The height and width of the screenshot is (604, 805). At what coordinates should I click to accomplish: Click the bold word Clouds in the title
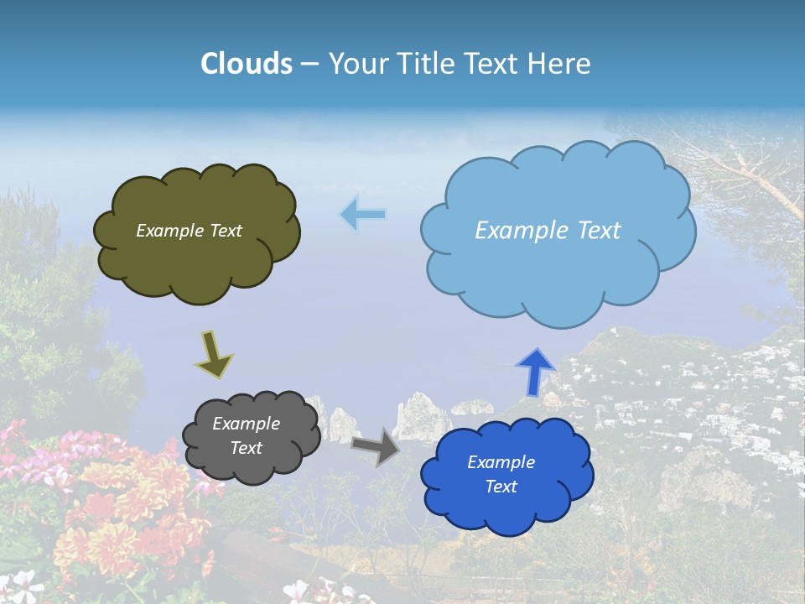tap(247, 64)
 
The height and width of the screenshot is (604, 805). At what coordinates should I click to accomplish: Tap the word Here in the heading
tap(561, 64)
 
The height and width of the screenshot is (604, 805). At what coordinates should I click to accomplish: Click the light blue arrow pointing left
tap(363, 215)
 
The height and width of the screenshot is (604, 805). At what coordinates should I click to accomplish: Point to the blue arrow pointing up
tap(534, 371)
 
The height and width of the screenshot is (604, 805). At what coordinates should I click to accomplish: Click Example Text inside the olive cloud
tap(189, 231)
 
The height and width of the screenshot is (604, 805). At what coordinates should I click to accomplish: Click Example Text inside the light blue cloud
tap(548, 231)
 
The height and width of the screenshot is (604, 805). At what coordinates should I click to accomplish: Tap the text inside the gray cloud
tap(246, 435)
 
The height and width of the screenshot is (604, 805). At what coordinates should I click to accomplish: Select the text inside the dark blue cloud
tap(501, 474)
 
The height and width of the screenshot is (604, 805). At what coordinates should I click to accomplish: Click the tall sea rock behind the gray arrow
tap(418, 417)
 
